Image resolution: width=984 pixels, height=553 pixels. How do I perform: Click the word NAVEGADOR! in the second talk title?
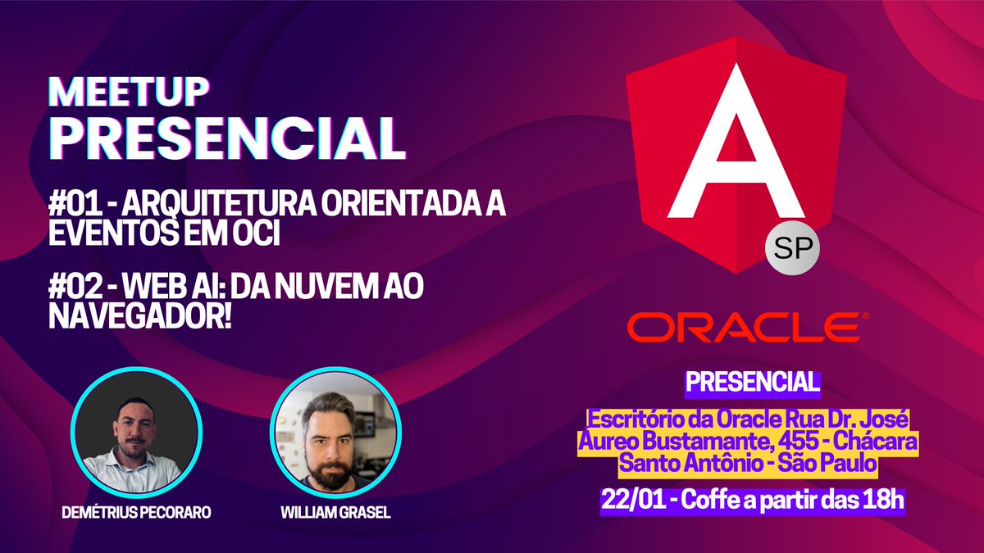tap(140, 315)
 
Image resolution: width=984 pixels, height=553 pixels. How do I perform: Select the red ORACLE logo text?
tap(744, 326)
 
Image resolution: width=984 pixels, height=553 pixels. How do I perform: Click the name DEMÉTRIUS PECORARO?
tap(135, 512)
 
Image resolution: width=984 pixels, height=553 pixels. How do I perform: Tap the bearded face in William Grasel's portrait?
tap(333, 430)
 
